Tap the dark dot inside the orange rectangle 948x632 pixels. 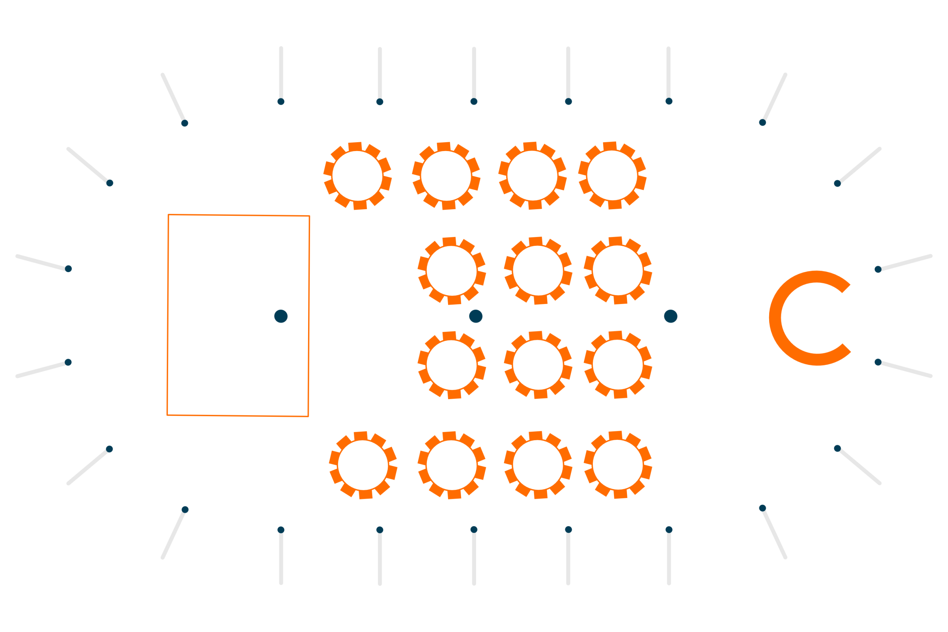(x=281, y=317)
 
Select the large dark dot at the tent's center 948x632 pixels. (x=475, y=317)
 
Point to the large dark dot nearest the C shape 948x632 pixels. (x=671, y=317)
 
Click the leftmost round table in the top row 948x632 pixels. (x=357, y=176)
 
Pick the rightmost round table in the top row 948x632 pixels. (x=612, y=175)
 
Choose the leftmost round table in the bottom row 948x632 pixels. (x=363, y=465)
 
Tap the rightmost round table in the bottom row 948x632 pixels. (x=618, y=465)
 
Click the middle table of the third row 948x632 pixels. (x=538, y=365)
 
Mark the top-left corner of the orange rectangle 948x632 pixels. (x=168, y=215)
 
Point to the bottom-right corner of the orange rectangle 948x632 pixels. (x=308, y=417)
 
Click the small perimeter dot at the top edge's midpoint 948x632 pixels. (x=474, y=101)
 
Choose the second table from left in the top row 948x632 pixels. (x=446, y=176)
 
